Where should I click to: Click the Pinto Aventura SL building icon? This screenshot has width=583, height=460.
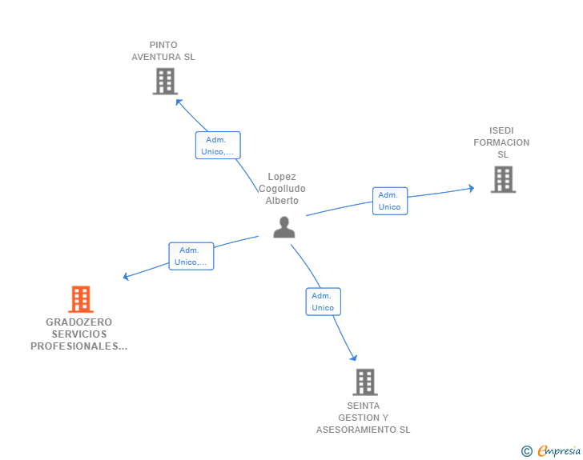coord(164,81)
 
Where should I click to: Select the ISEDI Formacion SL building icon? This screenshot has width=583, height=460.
coord(503,179)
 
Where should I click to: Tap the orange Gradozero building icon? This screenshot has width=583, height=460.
coord(80,299)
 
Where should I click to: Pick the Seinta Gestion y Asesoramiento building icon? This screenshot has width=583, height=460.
coord(364,382)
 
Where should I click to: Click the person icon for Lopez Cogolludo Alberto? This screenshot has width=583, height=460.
coord(283,227)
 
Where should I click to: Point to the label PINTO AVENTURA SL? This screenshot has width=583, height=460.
coord(163,51)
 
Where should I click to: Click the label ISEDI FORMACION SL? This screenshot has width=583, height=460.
coord(501,142)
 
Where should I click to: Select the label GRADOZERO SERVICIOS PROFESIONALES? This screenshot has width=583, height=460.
coord(79,334)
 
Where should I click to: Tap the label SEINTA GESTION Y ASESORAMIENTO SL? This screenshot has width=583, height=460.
coord(363,418)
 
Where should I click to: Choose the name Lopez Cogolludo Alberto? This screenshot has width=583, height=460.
coord(282,189)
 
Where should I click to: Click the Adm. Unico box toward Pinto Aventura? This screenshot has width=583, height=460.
coord(218,146)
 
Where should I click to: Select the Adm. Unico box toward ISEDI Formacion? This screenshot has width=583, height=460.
coord(389,201)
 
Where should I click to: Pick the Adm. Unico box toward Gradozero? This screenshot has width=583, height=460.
coord(191,256)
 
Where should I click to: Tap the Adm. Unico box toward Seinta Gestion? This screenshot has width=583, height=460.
coord(323,302)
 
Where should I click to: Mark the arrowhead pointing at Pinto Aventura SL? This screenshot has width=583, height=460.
coord(179,102)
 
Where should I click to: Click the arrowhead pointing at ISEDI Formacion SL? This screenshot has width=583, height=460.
coord(471,189)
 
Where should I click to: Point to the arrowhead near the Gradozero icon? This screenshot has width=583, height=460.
coord(126,278)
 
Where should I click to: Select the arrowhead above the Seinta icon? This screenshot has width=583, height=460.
coord(353,358)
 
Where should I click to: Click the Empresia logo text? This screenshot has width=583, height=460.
coord(559,451)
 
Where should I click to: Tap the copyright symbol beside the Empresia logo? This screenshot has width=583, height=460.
coord(526,451)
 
